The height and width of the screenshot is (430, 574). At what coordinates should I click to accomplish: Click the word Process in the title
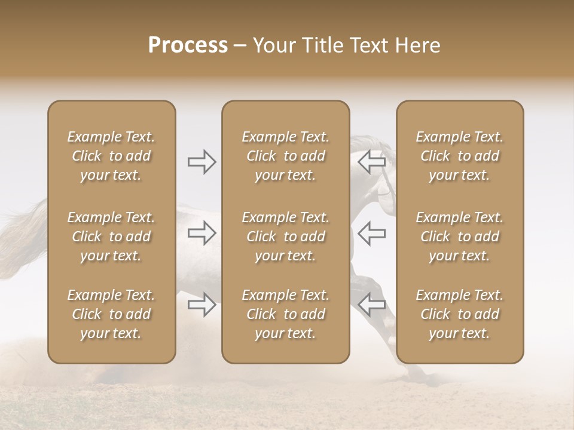pos(188,45)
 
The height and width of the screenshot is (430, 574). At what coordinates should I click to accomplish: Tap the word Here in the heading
pos(416,45)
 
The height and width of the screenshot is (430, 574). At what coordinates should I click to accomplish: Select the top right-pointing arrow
pos(202,162)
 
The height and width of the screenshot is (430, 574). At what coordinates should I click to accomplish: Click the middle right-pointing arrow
pos(202,234)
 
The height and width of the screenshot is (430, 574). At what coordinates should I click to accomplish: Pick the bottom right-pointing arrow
pos(202,305)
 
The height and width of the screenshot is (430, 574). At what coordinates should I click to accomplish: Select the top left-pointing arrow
pos(371,161)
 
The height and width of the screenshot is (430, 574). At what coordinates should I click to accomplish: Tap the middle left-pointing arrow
pos(371,234)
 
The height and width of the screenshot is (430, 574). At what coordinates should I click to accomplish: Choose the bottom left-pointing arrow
pos(371,305)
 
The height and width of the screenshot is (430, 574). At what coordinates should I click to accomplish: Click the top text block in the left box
pos(111,156)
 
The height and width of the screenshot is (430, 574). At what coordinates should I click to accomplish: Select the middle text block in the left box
pos(111,236)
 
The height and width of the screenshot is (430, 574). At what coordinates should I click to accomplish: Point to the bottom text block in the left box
pos(111,314)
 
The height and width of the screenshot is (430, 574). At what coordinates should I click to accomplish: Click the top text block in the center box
pos(286,156)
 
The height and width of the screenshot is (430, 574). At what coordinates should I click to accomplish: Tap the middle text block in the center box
pos(286,236)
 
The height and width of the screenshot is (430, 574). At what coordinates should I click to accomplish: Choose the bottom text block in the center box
pos(286,314)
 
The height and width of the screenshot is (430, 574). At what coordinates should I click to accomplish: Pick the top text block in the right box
pos(460,156)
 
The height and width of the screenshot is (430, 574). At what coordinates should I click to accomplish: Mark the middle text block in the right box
pos(460,236)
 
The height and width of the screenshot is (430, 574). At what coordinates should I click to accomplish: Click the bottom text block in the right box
pos(460,314)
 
